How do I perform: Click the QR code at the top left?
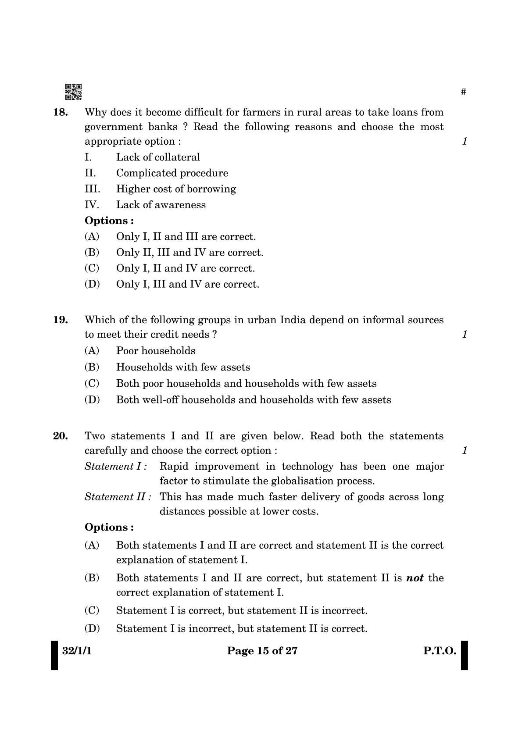pyautogui.click(x=73, y=92)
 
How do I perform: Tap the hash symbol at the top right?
pyautogui.click(x=464, y=92)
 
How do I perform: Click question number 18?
pyautogui.click(x=60, y=112)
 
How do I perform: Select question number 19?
pyautogui.click(x=60, y=320)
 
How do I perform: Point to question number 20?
pyautogui.click(x=60, y=436)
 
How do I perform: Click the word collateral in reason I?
pyautogui.click(x=177, y=157)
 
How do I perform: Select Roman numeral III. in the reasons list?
pyautogui.click(x=92, y=189)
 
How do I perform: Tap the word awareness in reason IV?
pyautogui.click(x=180, y=205)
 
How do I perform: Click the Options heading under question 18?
pyautogui.click(x=109, y=221)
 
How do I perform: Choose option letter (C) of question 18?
pyautogui.click(x=92, y=268)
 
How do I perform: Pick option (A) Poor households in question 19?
pyautogui.click(x=155, y=351)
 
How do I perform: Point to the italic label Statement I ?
pyautogui.click(x=115, y=467)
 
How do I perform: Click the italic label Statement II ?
pyautogui.click(x=118, y=497)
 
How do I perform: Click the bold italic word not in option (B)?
pyautogui.click(x=415, y=578)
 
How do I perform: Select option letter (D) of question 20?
pyautogui.click(x=92, y=629)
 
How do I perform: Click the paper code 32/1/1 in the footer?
pyautogui.click(x=77, y=651)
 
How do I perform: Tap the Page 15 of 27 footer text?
pyautogui.click(x=262, y=651)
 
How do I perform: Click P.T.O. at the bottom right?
pyautogui.click(x=439, y=651)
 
